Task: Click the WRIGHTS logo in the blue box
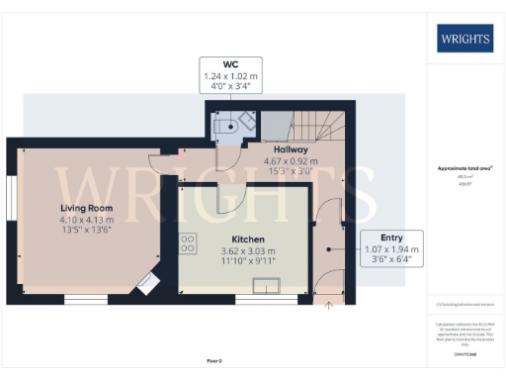tap(465, 39)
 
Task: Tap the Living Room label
tap(87, 209)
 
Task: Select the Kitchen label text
tap(246, 239)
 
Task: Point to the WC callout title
tap(231, 64)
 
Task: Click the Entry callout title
tap(391, 238)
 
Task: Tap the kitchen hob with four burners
tap(187, 243)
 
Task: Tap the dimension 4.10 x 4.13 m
tap(87, 220)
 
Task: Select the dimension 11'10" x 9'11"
tap(246, 262)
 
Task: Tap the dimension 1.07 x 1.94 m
tap(391, 249)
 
